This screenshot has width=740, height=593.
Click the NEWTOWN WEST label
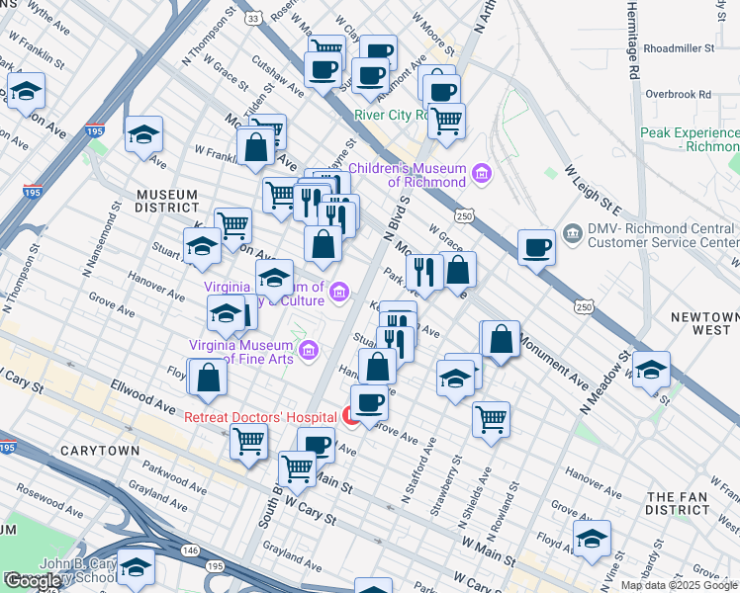(x=703, y=324)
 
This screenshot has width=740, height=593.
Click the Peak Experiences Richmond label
(x=689, y=139)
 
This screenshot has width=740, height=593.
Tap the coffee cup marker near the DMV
(x=537, y=247)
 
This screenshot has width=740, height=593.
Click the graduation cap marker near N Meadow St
(x=651, y=370)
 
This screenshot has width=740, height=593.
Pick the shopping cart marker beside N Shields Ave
(x=491, y=420)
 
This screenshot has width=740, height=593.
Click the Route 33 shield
(x=254, y=19)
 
